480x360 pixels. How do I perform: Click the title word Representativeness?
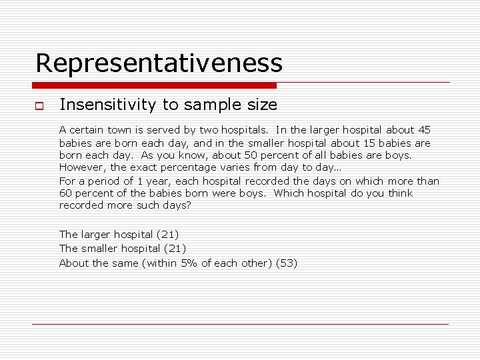point(159,63)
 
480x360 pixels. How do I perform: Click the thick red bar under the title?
point(154,85)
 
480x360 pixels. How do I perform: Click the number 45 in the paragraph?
point(424,130)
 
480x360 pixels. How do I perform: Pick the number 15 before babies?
point(371,143)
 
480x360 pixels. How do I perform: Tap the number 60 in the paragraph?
point(66,193)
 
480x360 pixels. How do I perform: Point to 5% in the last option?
point(189,263)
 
